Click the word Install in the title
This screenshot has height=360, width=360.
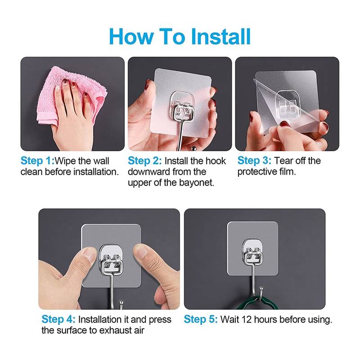pos(220,36)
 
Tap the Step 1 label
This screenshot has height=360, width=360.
pos(37,161)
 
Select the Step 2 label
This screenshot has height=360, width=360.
pos(144,161)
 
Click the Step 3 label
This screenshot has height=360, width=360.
pos(254,161)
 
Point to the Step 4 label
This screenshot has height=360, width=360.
pos(58,319)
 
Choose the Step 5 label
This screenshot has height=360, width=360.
pos(201,319)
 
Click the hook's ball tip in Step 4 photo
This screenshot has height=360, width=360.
pos(121,302)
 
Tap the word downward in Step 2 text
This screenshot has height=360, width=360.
pos(149,172)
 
